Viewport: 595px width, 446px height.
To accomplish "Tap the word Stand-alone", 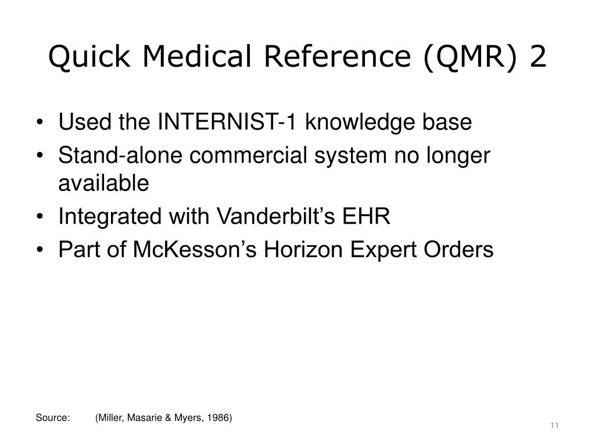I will tap(120, 156).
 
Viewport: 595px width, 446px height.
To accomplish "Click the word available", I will tap(103, 184).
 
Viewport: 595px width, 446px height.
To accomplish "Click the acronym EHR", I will tap(367, 217).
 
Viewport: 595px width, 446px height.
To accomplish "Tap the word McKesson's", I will tap(196, 250).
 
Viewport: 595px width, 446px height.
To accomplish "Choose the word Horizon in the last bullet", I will tap(300, 250).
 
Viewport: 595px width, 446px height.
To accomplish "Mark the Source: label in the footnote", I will tap(53, 418).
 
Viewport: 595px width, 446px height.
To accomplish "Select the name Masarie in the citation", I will tap(142, 418).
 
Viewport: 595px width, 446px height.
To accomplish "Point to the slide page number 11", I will tap(554, 426).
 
